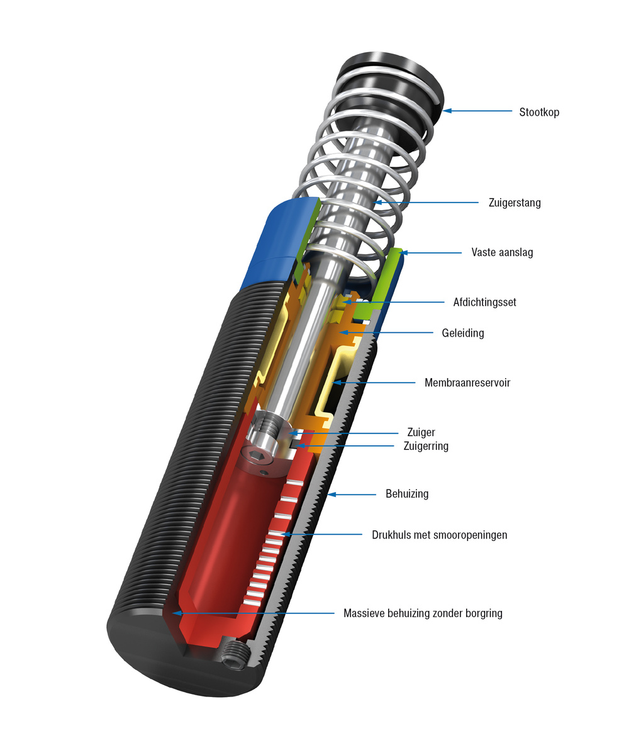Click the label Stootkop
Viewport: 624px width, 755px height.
pyautogui.click(x=538, y=113)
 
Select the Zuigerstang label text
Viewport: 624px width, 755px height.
pyautogui.click(x=514, y=203)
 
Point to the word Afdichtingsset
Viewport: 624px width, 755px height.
pyautogui.click(x=484, y=303)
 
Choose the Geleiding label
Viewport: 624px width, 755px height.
pyautogui.click(x=462, y=333)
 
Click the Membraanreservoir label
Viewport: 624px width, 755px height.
pyautogui.click(x=467, y=383)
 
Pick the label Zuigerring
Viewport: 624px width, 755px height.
pyautogui.click(x=425, y=446)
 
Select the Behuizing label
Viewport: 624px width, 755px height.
pyautogui.click(x=406, y=494)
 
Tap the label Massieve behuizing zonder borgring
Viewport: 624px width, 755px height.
pyautogui.click(x=423, y=613)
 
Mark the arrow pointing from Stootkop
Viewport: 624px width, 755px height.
pyautogui.click(x=478, y=111)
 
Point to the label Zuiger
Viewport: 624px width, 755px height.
pyautogui.click(x=421, y=433)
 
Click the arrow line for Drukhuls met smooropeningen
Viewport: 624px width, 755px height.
pyautogui.click(x=324, y=535)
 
